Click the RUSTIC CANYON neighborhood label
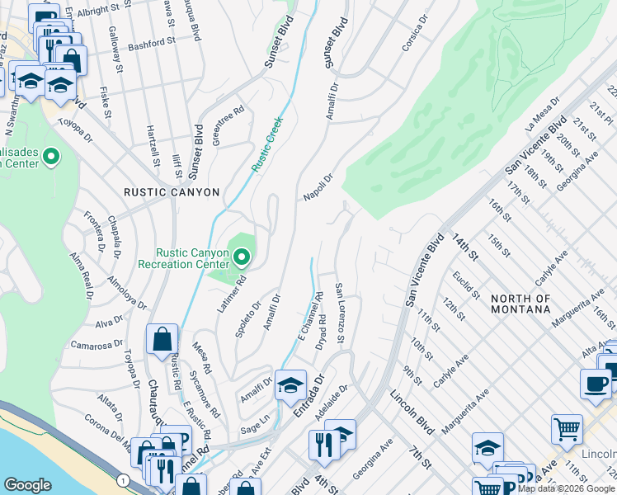pos(172,192)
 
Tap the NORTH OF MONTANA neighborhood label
pos(520,304)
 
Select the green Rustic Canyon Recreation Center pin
pos(242,259)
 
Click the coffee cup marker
pos(596,384)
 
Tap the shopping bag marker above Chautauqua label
pos(162,339)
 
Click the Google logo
pos(27,485)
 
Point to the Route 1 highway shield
pos(123,480)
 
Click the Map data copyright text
pos(566,488)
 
